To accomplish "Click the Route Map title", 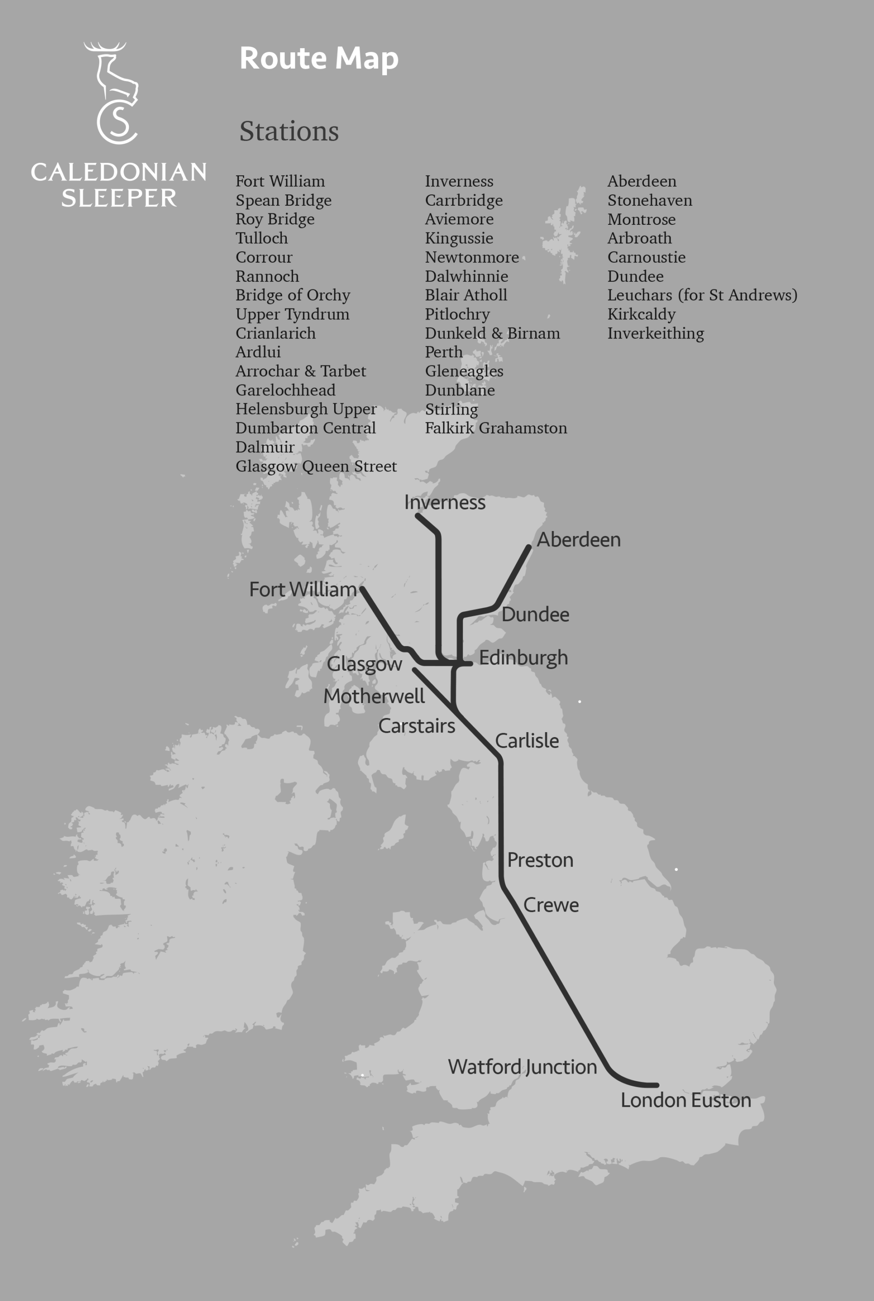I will point(319,58).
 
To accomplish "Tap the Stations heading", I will point(289,132).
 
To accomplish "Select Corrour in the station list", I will point(264,258).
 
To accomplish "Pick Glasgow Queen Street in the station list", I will point(316,466).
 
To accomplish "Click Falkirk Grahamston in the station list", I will point(496,429).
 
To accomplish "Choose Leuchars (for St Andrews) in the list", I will point(702,295).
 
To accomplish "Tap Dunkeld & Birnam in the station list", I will point(492,333).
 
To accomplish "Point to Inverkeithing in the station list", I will point(655,333).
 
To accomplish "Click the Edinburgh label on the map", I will point(523,658).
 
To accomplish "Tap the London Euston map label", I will point(686,1100).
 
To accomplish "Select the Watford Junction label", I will point(522,1067).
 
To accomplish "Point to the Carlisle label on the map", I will point(527,741).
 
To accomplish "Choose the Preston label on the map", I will point(539,860).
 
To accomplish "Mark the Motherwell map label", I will point(374,697).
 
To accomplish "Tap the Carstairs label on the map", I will point(417,726).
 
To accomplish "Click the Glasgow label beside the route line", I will point(364,664).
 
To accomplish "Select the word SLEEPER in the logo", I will point(119,198).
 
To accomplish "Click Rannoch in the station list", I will point(267,276).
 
